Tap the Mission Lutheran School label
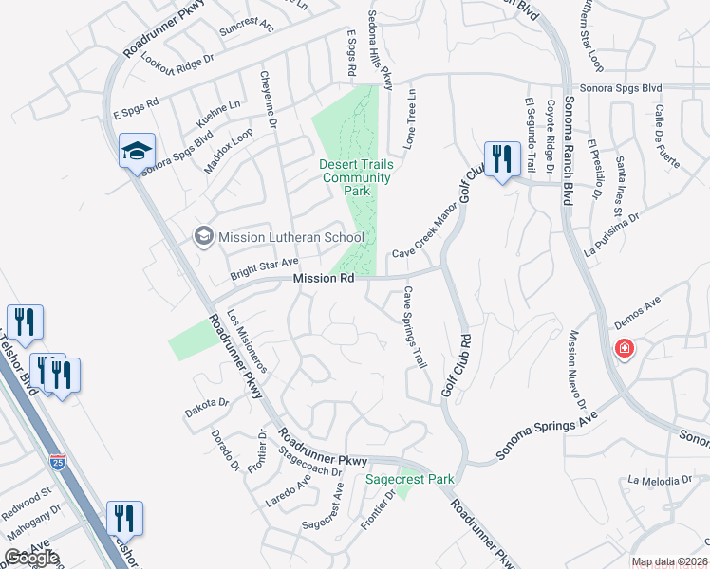coord(291,237)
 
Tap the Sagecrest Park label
coord(410,479)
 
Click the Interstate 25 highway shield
coord(59,462)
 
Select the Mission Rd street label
coord(324,279)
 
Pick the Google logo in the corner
coord(31,558)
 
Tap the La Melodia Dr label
coord(655,481)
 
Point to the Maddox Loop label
coord(228,151)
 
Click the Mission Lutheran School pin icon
coord(203,236)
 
